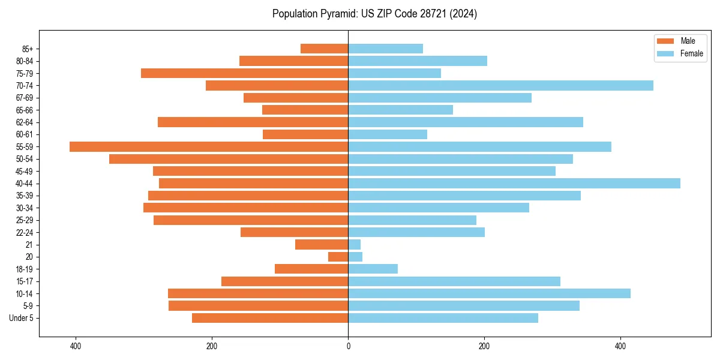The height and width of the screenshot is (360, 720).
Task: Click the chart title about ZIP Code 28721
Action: click(x=374, y=14)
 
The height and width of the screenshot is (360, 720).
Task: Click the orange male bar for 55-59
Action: click(x=209, y=146)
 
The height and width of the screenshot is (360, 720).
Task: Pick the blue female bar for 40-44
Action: click(x=514, y=183)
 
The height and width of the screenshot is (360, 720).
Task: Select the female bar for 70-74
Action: click(x=500, y=85)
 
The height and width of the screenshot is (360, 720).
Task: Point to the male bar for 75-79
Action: click(x=244, y=73)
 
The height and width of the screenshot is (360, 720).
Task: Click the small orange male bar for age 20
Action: click(x=338, y=257)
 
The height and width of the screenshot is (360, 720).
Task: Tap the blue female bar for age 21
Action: click(x=355, y=244)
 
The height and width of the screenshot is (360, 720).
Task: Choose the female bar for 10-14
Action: click(x=489, y=293)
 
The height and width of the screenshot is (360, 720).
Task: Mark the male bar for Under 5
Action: click(x=270, y=318)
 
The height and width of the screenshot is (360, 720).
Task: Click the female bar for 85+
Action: click(x=385, y=49)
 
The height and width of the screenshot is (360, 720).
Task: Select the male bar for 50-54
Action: click(x=229, y=159)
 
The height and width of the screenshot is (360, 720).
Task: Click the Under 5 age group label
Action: click(x=22, y=318)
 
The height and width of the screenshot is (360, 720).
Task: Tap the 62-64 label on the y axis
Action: click(x=25, y=122)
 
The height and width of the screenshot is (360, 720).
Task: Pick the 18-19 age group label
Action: click(x=25, y=269)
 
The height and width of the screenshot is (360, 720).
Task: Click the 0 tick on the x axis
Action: click(x=348, y=346)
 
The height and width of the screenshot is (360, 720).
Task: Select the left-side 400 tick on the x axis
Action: click(x=76, y=346)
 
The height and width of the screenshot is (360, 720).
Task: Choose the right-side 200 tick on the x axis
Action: click(x=484, y=346)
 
